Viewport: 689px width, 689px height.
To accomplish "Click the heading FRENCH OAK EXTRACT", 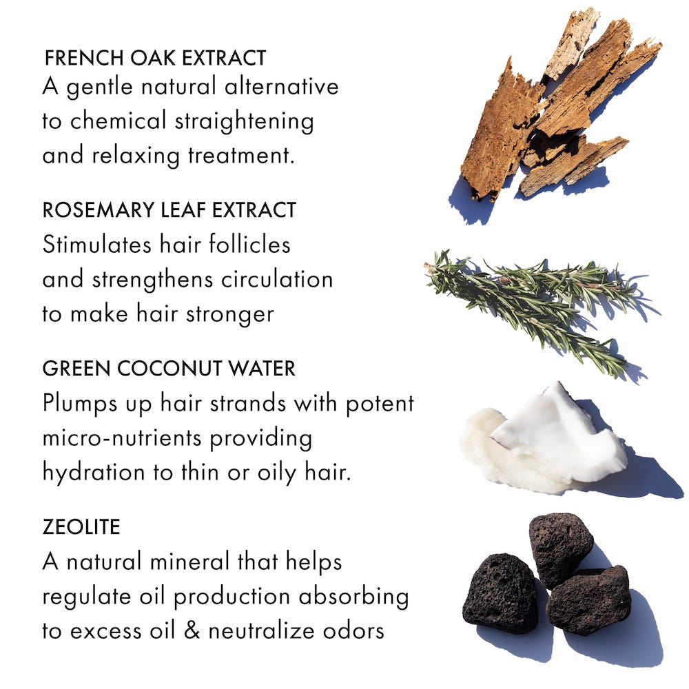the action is point(156,58).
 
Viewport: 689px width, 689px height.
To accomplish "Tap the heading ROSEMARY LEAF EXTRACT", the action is point(169,209).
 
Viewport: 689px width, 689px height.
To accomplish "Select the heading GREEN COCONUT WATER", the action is point(169,368).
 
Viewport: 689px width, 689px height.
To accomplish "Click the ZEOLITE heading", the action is point(81,527).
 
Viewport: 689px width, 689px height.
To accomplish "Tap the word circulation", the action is point(277,279).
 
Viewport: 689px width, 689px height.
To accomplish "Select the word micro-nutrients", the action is point(122,438).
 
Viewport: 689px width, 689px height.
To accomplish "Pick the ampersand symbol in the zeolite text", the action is point(192,630).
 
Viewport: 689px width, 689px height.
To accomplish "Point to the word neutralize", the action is point(260,630).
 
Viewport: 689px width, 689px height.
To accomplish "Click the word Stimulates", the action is point(96,245).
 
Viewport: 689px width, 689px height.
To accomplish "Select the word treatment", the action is point(241,156).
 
